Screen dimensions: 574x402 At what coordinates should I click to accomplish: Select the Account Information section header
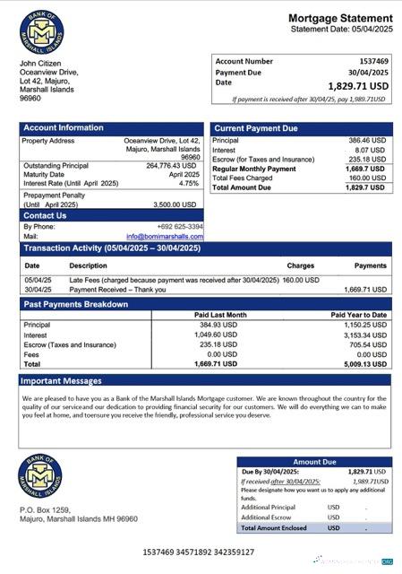click(64, 128)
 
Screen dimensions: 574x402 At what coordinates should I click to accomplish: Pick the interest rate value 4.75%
click(188, 183)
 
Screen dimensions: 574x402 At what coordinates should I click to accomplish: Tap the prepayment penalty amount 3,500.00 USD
click(176, 204)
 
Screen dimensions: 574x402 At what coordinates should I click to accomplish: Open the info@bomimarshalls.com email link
click(165, 237)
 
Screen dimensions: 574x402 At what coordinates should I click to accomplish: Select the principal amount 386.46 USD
click(367, 141)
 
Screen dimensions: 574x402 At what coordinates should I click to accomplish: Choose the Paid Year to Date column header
click(358, 315)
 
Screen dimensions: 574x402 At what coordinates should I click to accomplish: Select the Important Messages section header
click(63, 381)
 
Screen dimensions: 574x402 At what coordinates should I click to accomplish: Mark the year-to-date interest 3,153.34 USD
click(366, 335)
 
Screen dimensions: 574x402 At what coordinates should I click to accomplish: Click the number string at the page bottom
click(198, 552)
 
